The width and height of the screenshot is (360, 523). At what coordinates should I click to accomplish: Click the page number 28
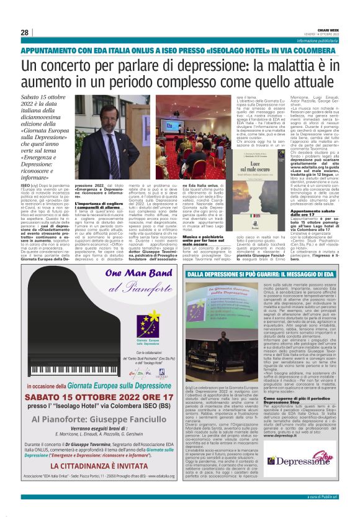[24, 32]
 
